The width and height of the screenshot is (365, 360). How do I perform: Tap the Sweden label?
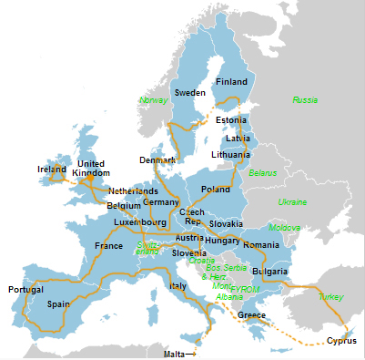click(x=190, y=93)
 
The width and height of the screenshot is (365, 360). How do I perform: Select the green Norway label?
click(x=154, y=99)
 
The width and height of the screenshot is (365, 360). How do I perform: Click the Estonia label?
click(x=232, y=120)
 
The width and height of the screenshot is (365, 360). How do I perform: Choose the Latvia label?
click(x=238, y=139)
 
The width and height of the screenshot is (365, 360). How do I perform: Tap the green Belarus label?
click(x=262, y=172)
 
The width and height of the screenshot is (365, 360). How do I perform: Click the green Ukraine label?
click(x=292, y=201)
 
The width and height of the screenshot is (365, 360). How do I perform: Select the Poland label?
click(x=216, y=190)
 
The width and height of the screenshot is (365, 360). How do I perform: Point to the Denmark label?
click(x=157, y=160)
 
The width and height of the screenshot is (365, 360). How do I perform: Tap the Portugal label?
click(x=26, y=290)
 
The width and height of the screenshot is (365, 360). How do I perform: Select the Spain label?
click(x=58, y=304)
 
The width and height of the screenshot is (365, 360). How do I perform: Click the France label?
click(x=108, y=246)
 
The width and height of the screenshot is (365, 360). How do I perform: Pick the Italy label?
click(x=177, y=286)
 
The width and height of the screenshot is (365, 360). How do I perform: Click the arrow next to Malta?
click(x=190, y=354)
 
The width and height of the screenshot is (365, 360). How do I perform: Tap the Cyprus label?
click(x=342, y=342)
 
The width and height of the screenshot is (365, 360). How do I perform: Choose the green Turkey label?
click(x=331, y=297)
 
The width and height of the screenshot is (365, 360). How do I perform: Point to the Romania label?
click(x=261, y=246)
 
